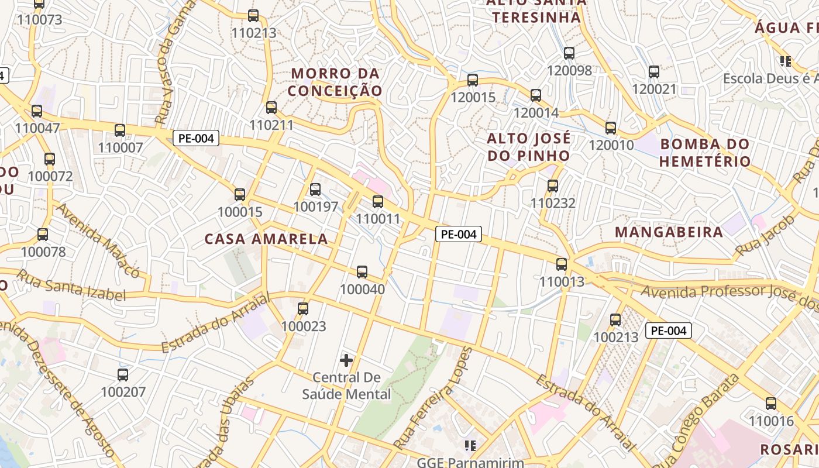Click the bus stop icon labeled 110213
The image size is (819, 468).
[253, 16]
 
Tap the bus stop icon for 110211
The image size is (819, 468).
[271, 108]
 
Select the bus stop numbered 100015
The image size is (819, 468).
[240, 195]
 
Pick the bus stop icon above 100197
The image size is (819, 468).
[315, 190]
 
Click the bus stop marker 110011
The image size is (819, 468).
[378, 202]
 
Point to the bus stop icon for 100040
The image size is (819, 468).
[362, 272]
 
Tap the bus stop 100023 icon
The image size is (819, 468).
[303, 309]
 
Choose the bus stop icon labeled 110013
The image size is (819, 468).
[562, 264]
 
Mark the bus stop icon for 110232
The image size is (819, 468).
[553, 186]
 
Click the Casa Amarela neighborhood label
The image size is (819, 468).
[266, 239]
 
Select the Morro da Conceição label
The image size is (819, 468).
[335, 82]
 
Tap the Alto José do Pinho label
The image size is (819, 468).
[529, 147]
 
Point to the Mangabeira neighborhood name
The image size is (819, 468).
[669, 232]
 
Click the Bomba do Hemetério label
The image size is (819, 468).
[705, 153]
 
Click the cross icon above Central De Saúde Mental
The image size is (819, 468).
[346, 360]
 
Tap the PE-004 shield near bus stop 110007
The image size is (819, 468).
[196, 139]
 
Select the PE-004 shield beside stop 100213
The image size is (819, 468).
[669, 331]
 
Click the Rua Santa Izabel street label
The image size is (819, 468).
[71, 285]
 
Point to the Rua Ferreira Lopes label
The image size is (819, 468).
[433, 398]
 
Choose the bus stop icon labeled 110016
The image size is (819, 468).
[771, 404]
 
